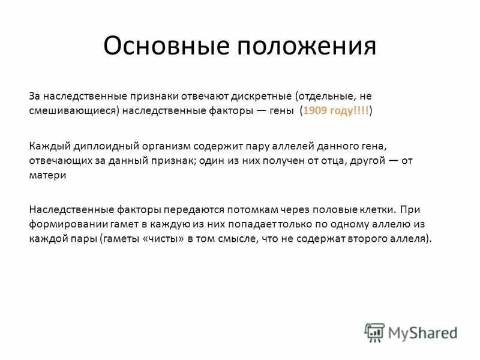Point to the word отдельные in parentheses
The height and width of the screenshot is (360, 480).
coord(324,96)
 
